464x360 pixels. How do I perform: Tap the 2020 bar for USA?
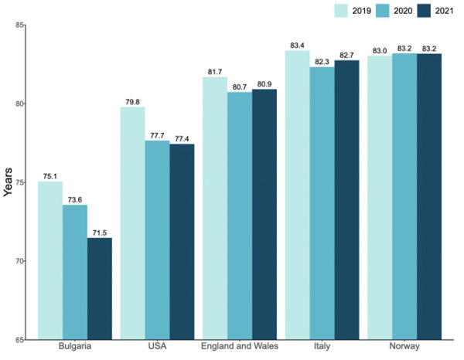(x=158, y=239)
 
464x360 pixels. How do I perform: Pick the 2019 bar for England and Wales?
(x=215, y=208)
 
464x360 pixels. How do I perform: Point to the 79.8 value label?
(x=133, y=101)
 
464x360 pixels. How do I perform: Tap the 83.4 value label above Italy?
(x=298, y=46)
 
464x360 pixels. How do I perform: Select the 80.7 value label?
(x=240, y=87)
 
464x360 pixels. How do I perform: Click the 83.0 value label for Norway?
(x=380, y=51)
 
